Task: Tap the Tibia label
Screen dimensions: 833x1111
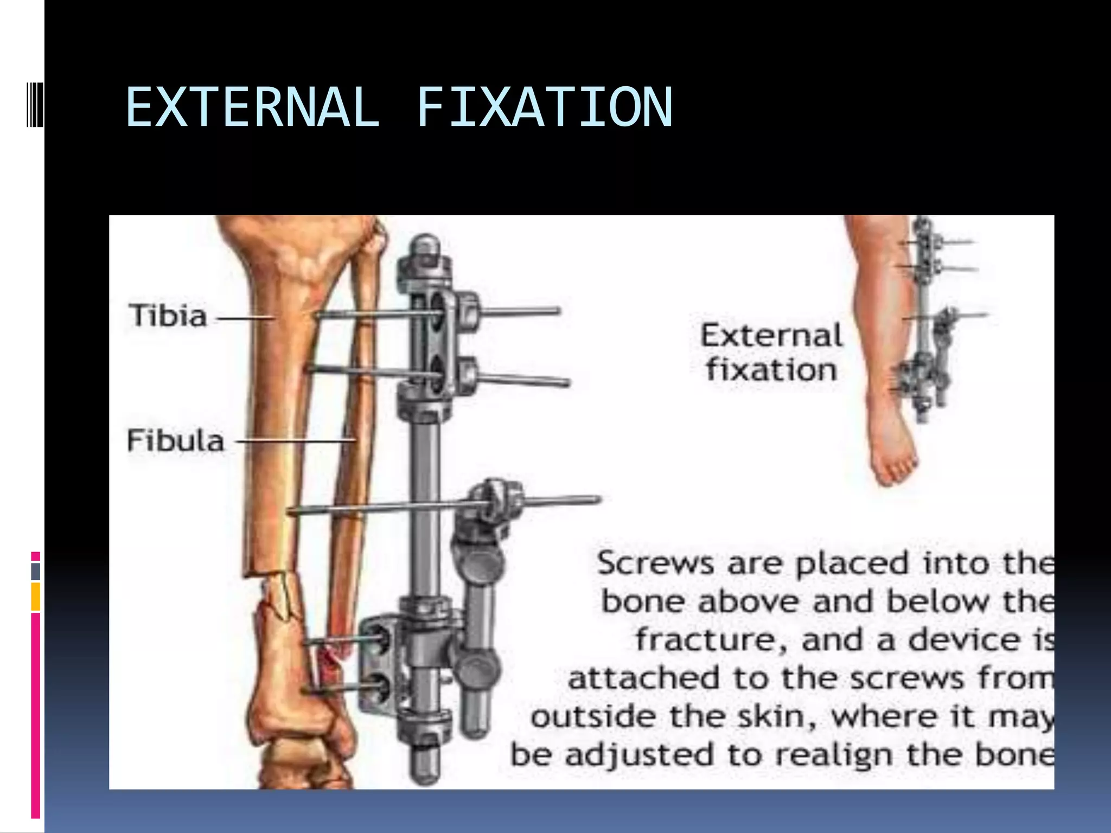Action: [x=168, y=316]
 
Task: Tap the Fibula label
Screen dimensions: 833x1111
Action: [x=175, y=440]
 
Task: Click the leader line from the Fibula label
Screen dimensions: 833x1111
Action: [x=296, y=441]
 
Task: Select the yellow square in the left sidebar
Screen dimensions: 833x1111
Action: [x=36, y=597]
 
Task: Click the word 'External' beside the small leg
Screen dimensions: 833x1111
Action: [x=771, y=335]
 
